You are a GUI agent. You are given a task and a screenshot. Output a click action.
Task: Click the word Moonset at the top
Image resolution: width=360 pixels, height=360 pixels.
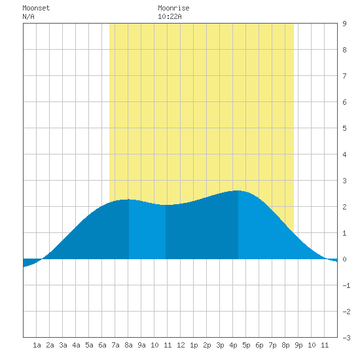[x=36, y=8]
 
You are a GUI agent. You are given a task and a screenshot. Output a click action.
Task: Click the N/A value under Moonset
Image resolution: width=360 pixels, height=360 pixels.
[x=28, y=16]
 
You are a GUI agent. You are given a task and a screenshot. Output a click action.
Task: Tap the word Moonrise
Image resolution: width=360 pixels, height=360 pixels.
[x=173, y=8]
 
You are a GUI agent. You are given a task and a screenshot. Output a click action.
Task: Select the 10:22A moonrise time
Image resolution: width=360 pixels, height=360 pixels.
[x=170, y=16]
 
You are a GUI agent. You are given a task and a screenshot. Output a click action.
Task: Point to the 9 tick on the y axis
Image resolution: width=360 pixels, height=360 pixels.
[x=344, y=24]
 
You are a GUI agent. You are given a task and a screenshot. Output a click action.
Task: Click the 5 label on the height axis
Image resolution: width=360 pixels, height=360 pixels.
[x=344, y=128]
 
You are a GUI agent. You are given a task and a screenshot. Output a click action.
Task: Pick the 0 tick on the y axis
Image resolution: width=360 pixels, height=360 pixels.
[x=344, y=259]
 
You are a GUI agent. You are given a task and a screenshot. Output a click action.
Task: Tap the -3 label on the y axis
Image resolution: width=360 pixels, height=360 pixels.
[x=346, y=338]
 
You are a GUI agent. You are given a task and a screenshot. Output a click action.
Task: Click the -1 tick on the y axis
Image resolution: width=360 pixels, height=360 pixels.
[x=346, y=285]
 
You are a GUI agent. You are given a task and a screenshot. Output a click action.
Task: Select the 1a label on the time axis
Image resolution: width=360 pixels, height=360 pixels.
[x=37, y=345]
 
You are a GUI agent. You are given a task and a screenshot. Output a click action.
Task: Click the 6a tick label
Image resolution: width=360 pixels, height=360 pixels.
[x=102, y=345]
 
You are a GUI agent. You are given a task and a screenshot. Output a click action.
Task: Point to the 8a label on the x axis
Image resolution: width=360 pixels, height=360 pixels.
[x=128, y=345]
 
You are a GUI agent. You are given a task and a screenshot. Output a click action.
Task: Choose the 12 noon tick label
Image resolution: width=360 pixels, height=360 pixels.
[x=181, y=345]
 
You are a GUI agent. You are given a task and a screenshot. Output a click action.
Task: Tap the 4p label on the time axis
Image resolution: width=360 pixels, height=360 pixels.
[x=233, y=345]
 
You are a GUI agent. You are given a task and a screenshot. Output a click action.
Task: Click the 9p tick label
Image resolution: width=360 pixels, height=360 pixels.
[x=298, y=345]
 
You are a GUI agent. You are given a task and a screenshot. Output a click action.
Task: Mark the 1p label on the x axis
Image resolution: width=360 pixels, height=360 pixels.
[x=194, y=345]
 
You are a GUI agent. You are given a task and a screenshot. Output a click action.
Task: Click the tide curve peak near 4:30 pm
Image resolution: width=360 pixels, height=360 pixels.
[x=238, y=190]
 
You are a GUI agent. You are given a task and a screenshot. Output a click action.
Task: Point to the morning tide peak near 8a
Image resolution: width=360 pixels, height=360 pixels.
[x=128, y=200]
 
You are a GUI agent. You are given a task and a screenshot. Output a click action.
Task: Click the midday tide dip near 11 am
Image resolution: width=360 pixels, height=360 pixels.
[x=166, y=205]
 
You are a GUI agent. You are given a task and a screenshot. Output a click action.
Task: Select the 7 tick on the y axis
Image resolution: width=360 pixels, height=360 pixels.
[x=344, y=76]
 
